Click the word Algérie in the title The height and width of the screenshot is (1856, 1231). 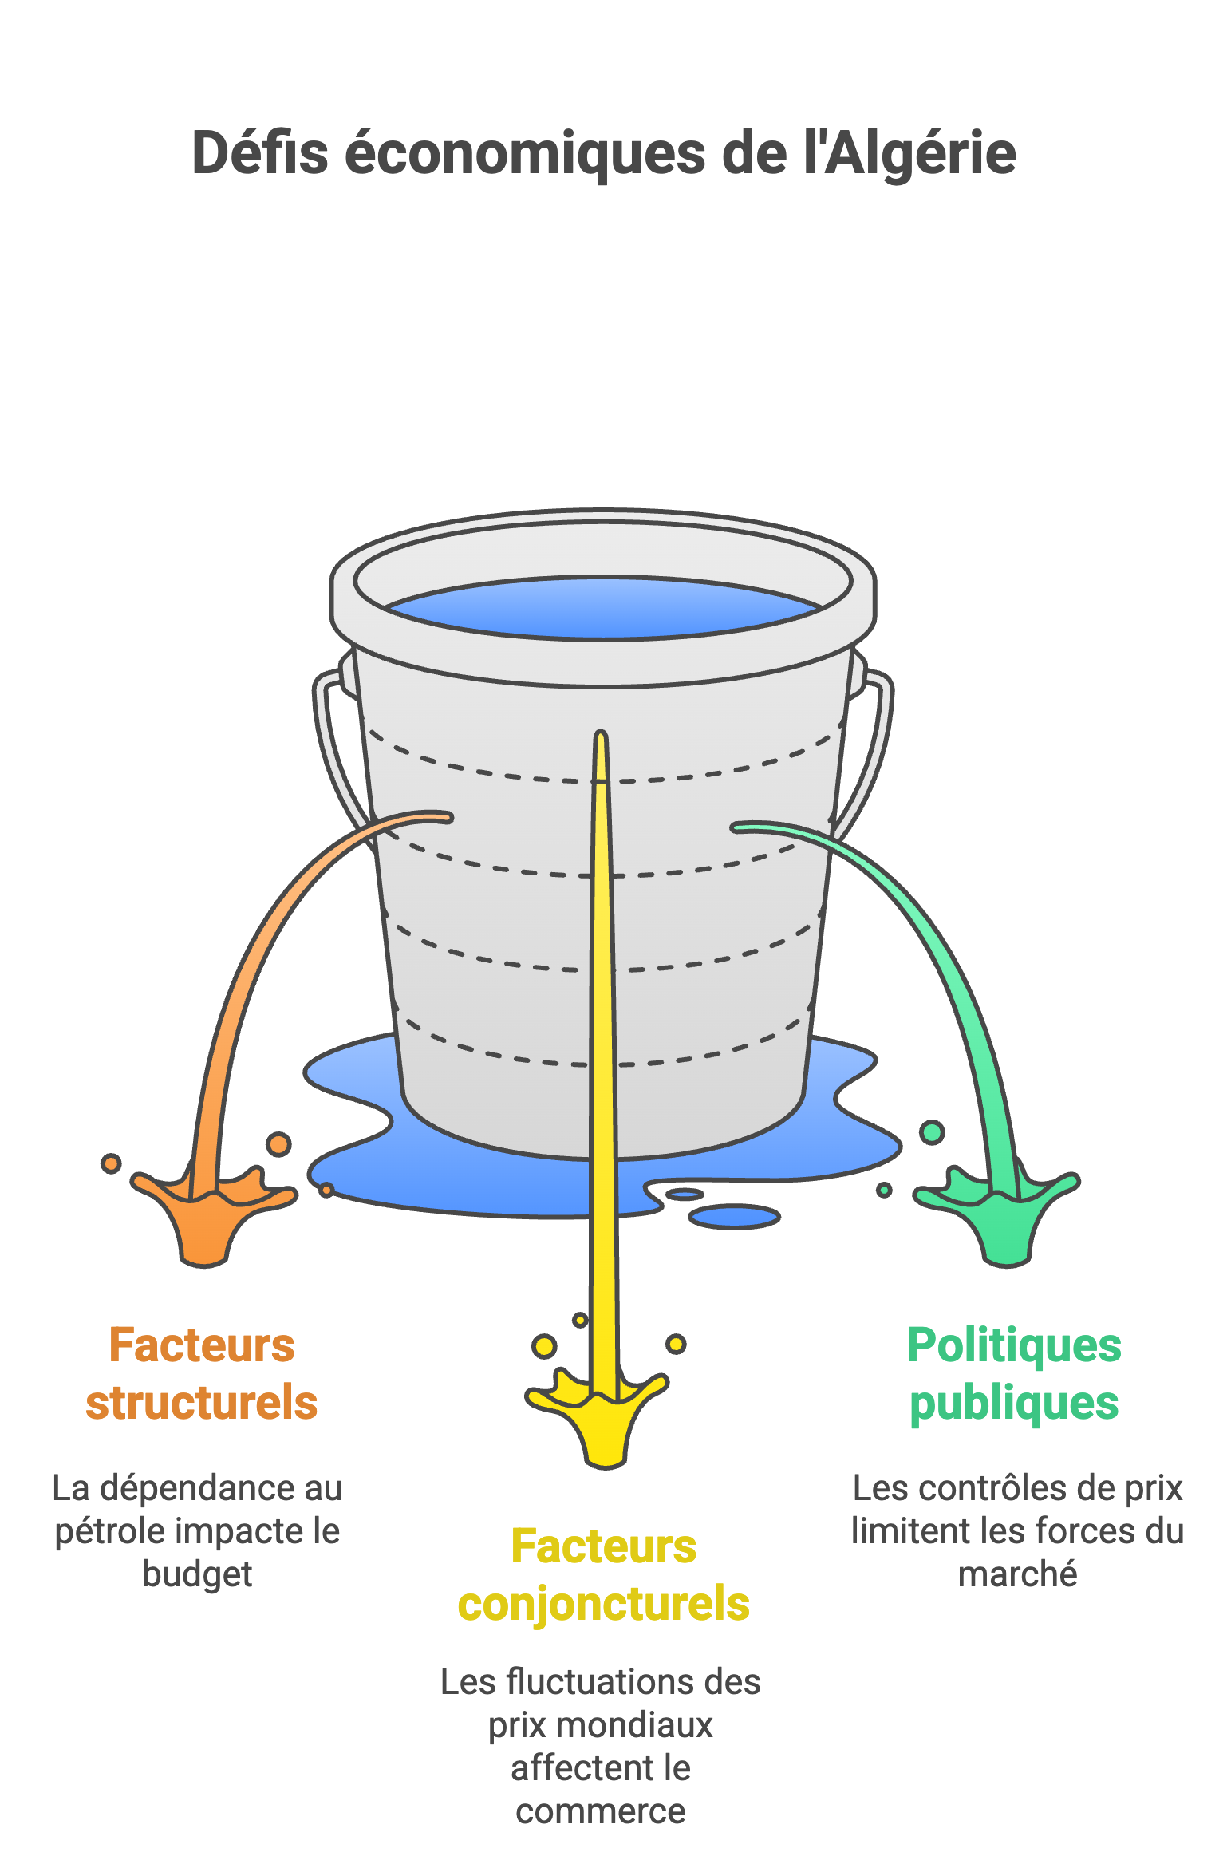919,154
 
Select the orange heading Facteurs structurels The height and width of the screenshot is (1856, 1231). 201,1373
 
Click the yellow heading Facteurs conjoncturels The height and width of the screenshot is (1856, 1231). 603,1575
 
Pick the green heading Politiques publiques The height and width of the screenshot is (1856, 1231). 1014,1373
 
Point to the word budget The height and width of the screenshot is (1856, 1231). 197,1574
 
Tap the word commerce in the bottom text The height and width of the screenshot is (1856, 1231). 600,1811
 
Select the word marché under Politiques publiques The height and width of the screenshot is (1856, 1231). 1017,1574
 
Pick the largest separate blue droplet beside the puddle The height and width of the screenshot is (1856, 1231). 734,1217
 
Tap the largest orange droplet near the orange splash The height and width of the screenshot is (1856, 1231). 278,1144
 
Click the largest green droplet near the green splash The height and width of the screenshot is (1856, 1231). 932,1131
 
